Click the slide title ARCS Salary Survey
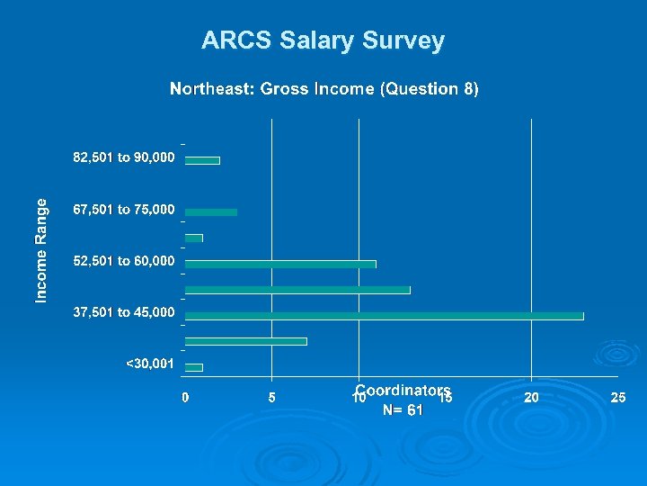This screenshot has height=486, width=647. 323,40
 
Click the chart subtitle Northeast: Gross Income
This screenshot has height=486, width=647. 273,89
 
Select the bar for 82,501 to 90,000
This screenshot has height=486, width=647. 202,160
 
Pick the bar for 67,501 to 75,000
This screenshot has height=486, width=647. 211,212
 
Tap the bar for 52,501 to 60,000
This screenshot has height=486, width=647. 280,264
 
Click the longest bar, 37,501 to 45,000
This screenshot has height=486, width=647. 384,316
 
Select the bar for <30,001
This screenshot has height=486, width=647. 194,367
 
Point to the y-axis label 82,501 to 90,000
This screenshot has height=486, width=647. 124,158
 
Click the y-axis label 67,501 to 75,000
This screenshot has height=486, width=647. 124,210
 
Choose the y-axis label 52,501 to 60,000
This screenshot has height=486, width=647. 124,262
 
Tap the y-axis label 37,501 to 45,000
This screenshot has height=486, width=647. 124,313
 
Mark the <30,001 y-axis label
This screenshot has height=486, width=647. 150,364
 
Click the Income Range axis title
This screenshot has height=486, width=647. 41,249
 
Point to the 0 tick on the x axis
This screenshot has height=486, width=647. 185,397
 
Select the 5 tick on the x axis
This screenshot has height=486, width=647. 272,397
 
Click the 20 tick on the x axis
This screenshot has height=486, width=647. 532,397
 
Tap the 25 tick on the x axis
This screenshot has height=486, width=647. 618,397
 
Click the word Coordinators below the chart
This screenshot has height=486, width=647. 403,390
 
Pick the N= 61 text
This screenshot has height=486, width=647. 403,409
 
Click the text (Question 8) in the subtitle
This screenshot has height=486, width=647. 430,89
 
